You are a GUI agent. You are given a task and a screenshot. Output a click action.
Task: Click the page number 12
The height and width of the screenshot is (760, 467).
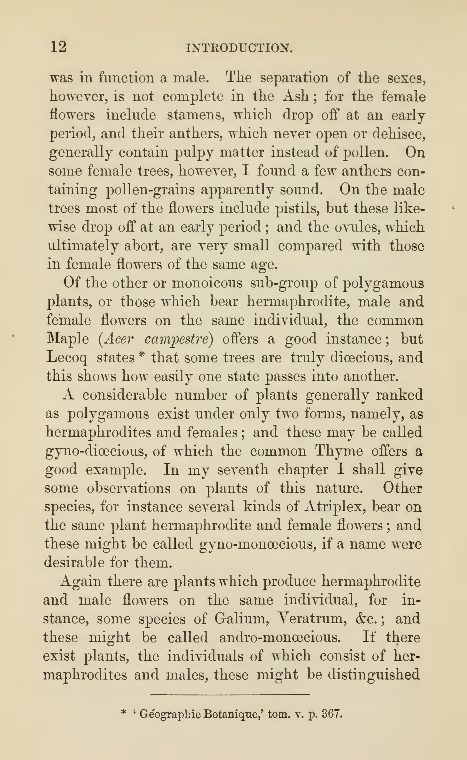58,47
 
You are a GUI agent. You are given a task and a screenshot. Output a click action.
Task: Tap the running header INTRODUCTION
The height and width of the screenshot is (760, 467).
239,48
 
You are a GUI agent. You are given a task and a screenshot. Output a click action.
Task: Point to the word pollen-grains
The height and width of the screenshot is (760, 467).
150,190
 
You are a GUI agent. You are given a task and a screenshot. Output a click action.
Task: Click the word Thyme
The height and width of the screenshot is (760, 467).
339,451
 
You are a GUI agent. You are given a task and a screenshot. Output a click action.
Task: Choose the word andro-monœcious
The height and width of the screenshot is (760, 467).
278,637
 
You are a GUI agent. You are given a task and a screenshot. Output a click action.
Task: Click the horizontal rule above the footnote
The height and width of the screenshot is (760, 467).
230,695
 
